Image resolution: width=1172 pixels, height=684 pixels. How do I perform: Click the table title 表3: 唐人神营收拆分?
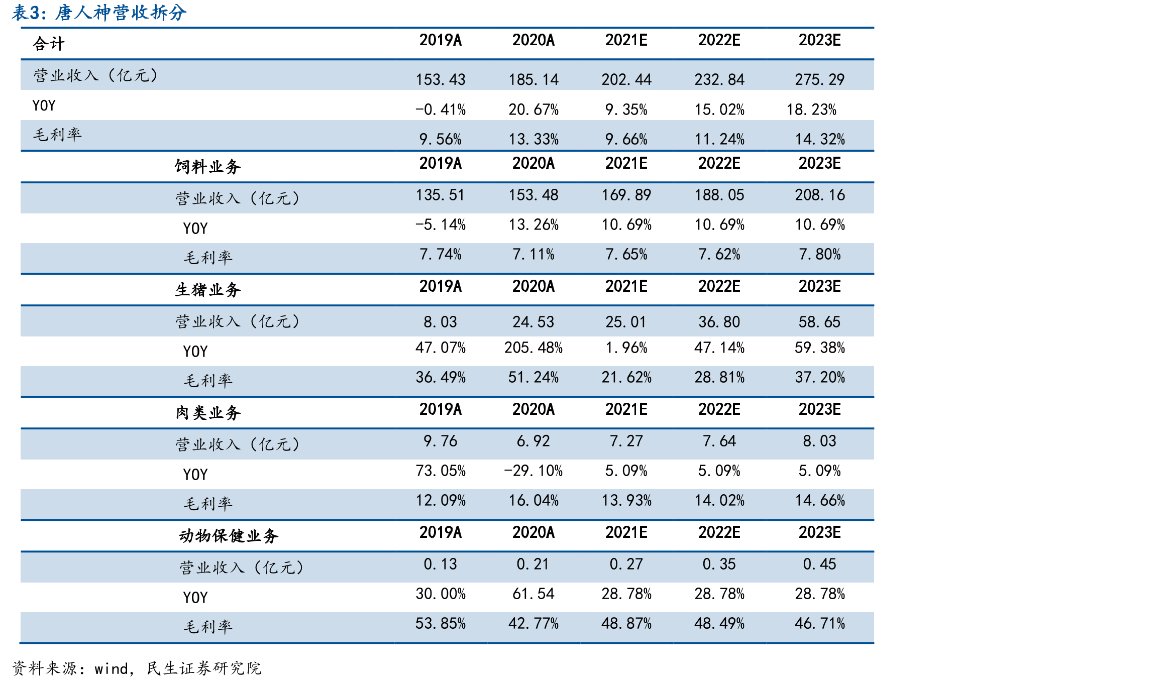[99, 13]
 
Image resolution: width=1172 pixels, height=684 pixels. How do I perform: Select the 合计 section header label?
[49, 44]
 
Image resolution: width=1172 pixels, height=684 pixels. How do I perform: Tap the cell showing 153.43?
[440, 79]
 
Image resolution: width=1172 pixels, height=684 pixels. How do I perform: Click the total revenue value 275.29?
[819, 79]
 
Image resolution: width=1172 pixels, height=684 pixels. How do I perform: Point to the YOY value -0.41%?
[440, 109]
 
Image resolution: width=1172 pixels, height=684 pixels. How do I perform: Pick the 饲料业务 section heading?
[208, 166]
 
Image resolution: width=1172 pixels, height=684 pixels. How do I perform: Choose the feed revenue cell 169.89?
[626, 195]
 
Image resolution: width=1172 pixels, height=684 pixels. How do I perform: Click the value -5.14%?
[440, 224]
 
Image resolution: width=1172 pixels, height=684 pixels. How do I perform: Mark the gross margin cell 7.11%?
[533, 254]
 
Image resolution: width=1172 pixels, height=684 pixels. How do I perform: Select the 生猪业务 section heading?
[208, 289]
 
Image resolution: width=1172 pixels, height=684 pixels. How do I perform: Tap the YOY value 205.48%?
[533, 348]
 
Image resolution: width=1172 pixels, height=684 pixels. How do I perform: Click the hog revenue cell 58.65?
[819, 322]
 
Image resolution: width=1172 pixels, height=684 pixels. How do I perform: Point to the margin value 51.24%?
[533, 377]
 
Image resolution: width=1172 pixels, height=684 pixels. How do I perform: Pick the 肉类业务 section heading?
[208, 412]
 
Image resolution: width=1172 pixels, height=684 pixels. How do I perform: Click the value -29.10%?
[533, 471]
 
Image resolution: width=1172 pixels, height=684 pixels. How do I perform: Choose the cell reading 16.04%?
[533, 500]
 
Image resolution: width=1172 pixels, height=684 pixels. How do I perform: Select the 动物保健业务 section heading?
[229, 535]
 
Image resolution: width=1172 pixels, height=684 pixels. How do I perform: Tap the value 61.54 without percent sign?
[533, 594]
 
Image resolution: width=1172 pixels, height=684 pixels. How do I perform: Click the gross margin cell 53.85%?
[440, 623]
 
